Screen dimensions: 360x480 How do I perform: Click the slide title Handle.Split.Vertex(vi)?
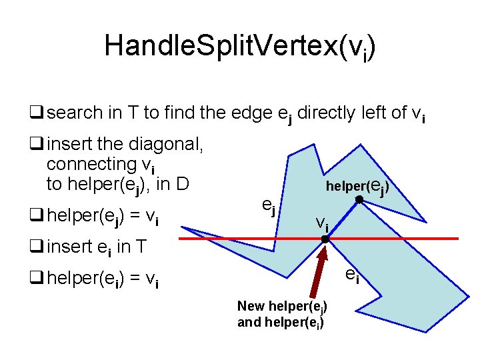pyautogui.click(x=240, y=47)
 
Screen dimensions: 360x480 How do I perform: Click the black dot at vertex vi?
pyautogui.click(x=325, y=239)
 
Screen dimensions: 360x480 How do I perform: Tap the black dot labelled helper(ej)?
pyautogui.click(x=359, y=200)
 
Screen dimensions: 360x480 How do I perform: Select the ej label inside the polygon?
pyautogui.click(x=269, y=207)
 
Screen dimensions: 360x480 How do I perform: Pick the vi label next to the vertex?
pyautogui.click(x=322, y=223)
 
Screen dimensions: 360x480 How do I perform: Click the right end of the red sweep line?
pyautogui.click(x=457, y=238)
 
